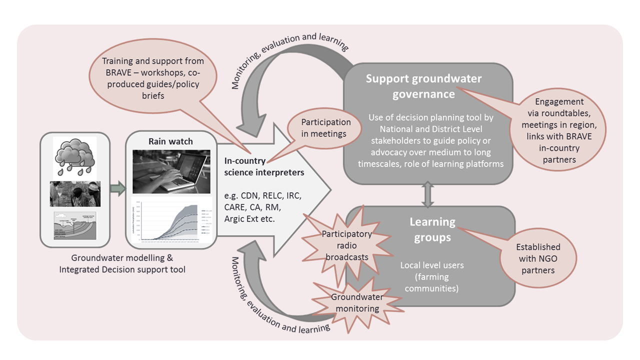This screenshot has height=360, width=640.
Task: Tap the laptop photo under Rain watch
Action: (x=171, y=171)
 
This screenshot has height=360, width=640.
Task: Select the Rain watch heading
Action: (x=171, y=141)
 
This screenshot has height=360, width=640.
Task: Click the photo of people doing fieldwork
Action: (x=75, y=194)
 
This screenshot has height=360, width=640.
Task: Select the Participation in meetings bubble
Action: (x=326, y=127)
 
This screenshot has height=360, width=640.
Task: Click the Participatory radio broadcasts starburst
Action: (x=346, y=245)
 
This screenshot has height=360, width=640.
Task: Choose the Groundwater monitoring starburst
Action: (x=357, y=302)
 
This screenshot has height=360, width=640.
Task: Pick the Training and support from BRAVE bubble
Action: (x=153, y=78)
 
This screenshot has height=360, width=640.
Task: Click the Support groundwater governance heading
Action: (x=423, y=86)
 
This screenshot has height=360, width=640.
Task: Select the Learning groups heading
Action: (x=432, y=229)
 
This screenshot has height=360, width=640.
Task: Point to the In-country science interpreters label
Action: (x=264, y=167)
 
